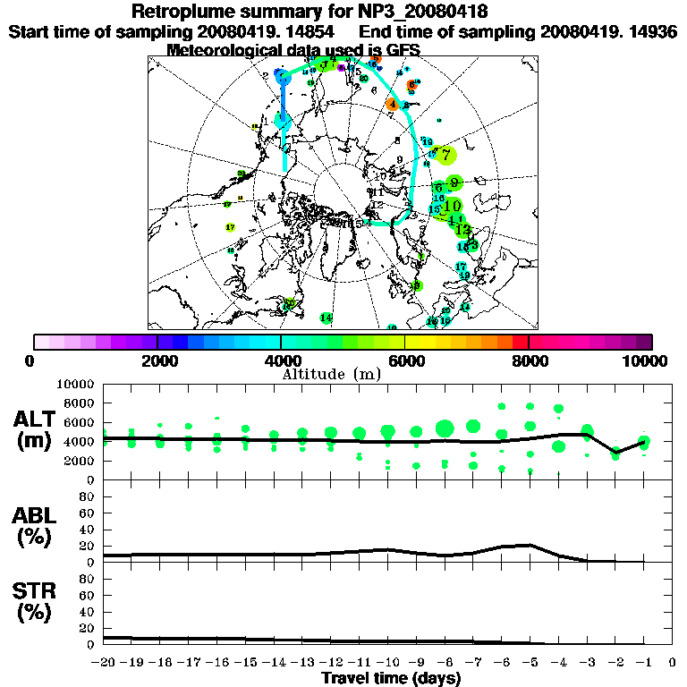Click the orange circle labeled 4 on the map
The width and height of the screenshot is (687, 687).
point(392,104)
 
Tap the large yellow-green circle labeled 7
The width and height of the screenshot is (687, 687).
point(446,155)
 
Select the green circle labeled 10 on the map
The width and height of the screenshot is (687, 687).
point(453,206)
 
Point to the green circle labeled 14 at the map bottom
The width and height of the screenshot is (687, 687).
point(327,318)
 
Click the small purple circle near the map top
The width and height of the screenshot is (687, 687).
point(341,67)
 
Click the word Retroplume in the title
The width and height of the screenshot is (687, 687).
point(180,12)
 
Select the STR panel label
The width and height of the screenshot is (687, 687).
point(38,600)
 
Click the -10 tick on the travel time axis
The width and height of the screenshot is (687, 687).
point(387,662)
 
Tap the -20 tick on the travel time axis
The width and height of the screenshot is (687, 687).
point(105,662)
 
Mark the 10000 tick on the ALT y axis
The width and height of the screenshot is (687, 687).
point(75,384)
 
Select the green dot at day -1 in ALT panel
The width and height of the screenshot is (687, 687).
point(644,442)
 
